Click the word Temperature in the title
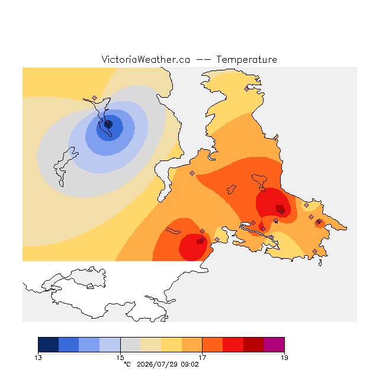coord(246,59)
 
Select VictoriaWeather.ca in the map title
coord(146,59)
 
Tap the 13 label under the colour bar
coord(38,358)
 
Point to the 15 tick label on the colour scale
coord(120,358)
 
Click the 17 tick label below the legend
coord(202,358)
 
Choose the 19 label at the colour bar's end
coord(284,358)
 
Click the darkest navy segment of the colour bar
coord(49,345)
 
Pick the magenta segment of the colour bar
coord(274,345)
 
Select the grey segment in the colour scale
coord(130,345)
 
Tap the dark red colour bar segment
coord(253,345)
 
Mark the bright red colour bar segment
coord(233,345)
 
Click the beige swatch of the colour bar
coord(151,345)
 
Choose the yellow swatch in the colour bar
coord(171,345)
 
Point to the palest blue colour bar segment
coord(110,345)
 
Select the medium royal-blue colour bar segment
coord(69,345)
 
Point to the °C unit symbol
coord(127,364)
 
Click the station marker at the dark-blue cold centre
coord(108,123)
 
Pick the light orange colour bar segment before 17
coord(192,345)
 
